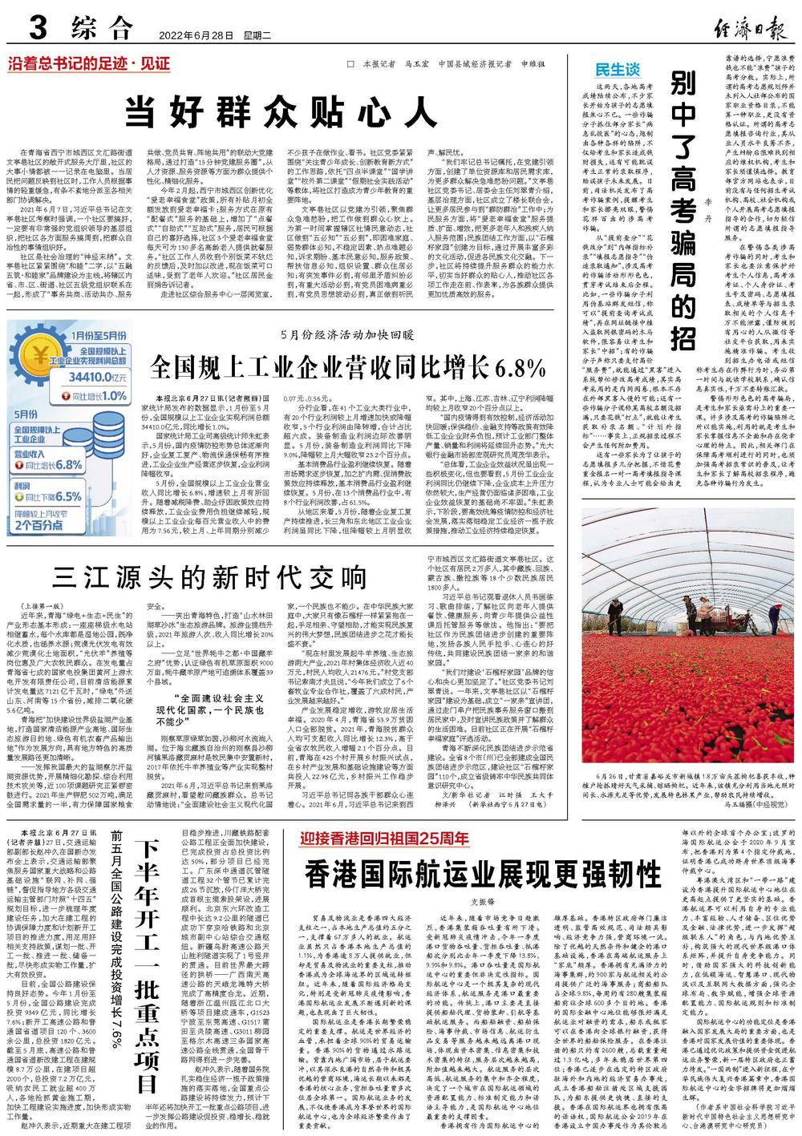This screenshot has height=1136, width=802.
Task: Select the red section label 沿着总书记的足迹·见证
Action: pyautogui.click(x=89, y=64)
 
